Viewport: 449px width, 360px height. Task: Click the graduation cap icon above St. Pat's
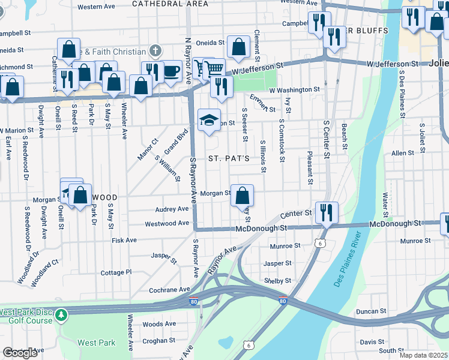tap(208, 120)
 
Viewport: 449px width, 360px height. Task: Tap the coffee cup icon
tap(172, 71)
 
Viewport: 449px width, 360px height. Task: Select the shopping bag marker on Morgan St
tap(242, 195)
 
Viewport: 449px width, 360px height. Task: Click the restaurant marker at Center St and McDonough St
tap(327, 212)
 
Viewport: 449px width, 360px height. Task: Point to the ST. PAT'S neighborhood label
tap(228, 159)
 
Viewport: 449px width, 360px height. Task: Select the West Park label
tap(96, 343)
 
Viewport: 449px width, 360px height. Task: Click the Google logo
tap(20, 353)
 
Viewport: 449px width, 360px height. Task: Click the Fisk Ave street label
tap(124, 240)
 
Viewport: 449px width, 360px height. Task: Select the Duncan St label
tap(370, 311)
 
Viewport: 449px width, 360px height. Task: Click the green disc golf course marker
tap(61, 314)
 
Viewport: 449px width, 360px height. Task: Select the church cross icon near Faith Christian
tap(155, 51)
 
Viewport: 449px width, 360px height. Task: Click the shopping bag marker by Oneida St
tap(238, 47)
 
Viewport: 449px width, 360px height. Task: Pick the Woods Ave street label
tap(159, 324)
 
